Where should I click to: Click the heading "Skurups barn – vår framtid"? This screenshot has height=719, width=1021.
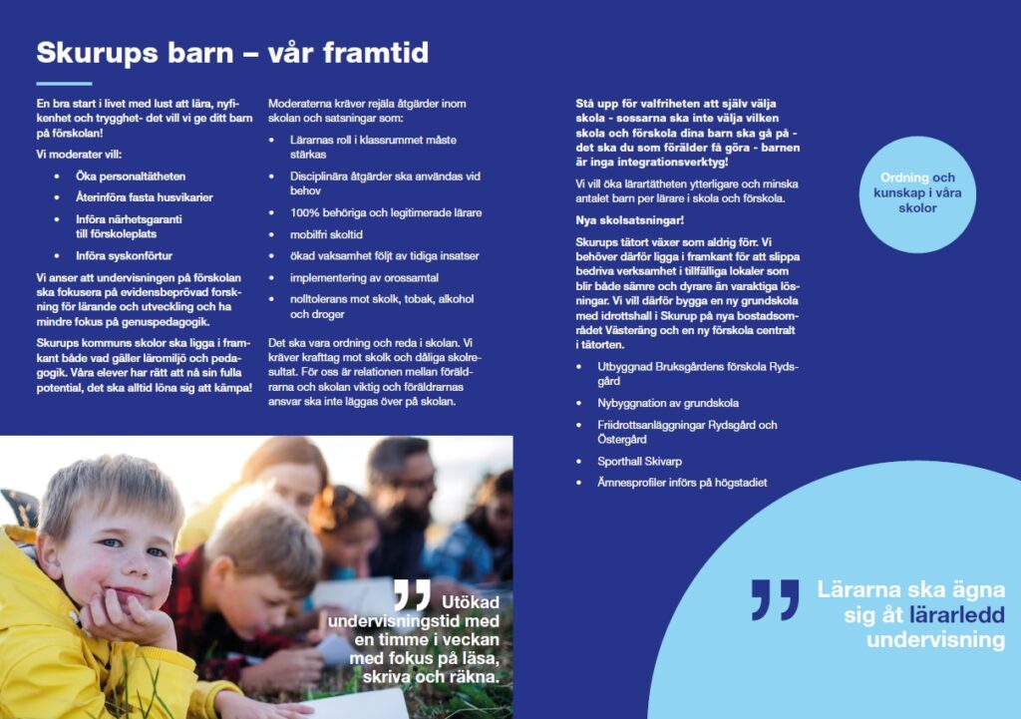232,53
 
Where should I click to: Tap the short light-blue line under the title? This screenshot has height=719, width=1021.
64,83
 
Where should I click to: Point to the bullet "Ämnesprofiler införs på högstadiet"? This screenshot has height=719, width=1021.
683,483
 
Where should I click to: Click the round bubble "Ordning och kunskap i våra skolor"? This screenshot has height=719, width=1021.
914,193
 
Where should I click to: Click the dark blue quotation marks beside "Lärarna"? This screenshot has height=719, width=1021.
775,599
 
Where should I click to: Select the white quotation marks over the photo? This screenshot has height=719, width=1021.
411,594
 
